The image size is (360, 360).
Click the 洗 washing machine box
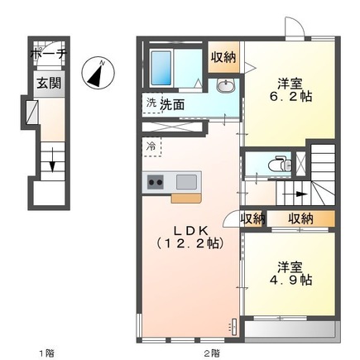(x=151, y=103)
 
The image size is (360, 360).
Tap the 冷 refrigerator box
(x=151, y=146)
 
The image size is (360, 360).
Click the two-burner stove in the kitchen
(x=157, y=182)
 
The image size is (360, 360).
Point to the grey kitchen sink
(x=186, y=182)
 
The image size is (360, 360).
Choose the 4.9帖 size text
(x=288, y=281)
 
